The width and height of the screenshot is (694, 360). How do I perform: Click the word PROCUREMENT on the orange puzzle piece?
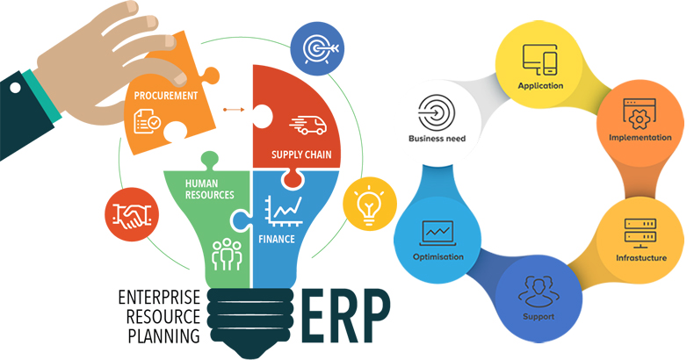pyautogui.click(x=165, y=96)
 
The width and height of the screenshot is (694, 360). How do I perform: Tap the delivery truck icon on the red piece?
pyautogui.click(x=308, y=126)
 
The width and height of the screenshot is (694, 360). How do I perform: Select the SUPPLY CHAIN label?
pyautogui.click(x=301, y=155)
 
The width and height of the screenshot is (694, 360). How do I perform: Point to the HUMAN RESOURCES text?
pyautogui.click(x=209, y=190)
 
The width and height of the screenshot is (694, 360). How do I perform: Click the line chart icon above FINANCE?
pyautogui.click(x=284, y=211)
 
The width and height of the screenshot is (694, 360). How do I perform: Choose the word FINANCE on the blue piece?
pyautogui.click(x=277, y=239)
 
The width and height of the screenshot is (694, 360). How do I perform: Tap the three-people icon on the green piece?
pyautogui.click(x=227, y=255)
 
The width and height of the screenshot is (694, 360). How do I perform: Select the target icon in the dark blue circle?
pyautogui.click(x=318, y=48)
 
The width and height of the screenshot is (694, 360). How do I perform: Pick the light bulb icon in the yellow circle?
pyautogui.click(x=369, y=204)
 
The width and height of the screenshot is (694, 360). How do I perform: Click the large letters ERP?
pyautogui.click(x=346, y=317)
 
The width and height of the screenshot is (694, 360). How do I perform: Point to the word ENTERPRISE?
pyautogui.click(x=159, y=297)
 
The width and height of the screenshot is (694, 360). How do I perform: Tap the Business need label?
pyautogui.click(x=437, y=139)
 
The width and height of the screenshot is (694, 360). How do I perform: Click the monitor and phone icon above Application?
pyautogui.click(x=540, y=60)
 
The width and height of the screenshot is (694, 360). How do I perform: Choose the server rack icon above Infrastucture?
pyautogui.click(x=640, y=233)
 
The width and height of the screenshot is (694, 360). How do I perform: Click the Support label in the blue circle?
pyautogui.click(x=539, y=317)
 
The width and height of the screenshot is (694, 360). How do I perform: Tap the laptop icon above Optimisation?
pyautogui.click(x=437, y=233)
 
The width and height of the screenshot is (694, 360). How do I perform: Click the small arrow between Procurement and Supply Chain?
pyautogui.click(x=234, y=109)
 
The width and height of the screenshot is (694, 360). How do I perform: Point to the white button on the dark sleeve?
pyautogui.click(x=15, y=87)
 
